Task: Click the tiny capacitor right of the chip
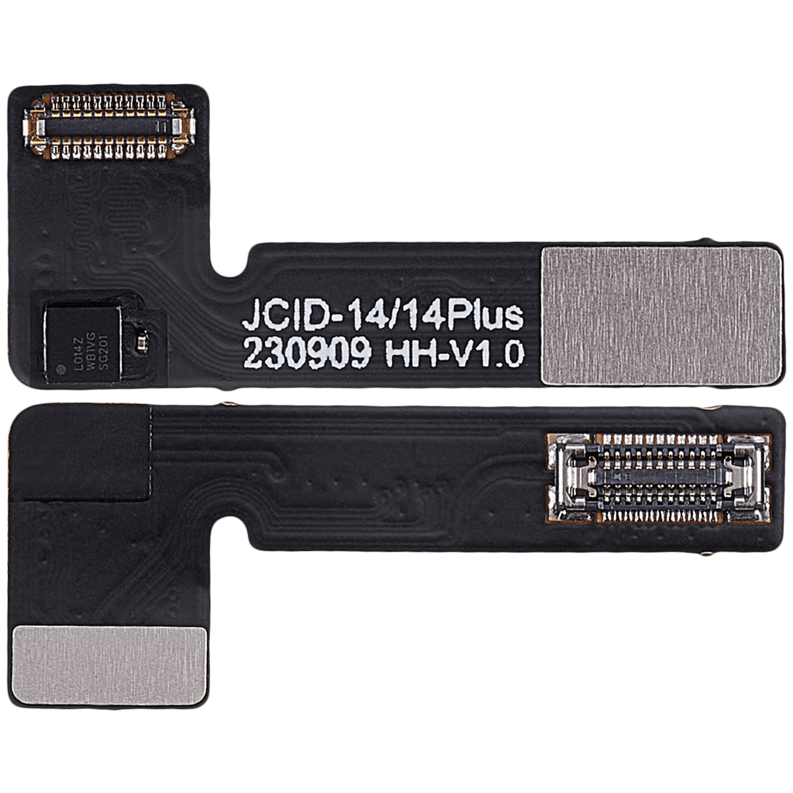point(140,342)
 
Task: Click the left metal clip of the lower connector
point(570,475)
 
